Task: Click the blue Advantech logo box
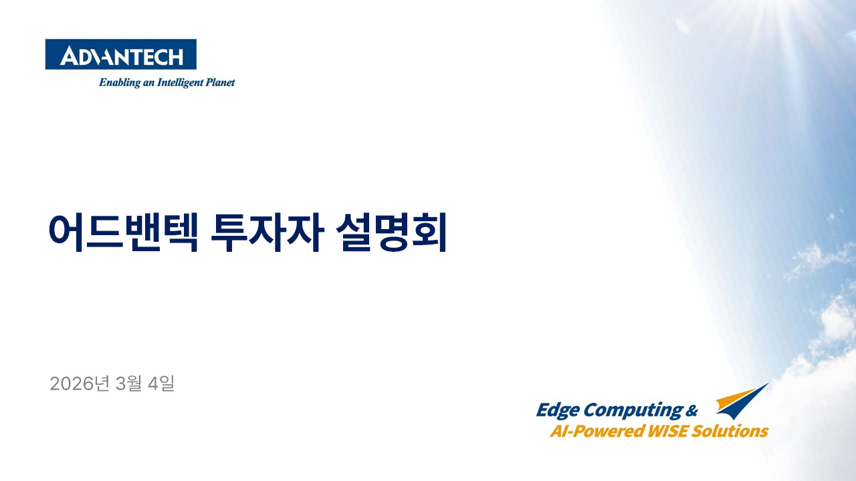tap(120, 54)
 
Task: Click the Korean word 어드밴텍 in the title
tap(122, 232)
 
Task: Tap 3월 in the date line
tap(128, 383)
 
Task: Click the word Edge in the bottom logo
tap(557, 410)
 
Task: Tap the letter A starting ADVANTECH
tap(68, 57)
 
